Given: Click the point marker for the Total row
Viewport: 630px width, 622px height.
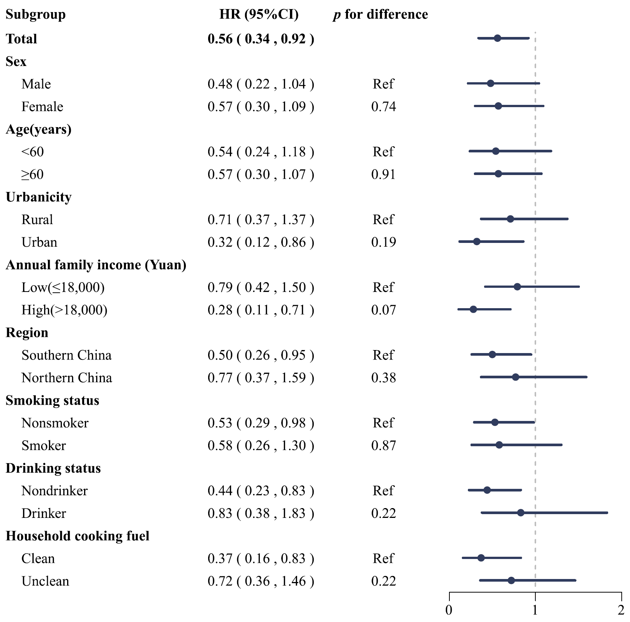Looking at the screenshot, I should pos(497,38).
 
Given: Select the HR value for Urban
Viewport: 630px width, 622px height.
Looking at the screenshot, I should pos(261,242).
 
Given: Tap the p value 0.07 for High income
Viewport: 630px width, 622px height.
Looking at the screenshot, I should pos(383,310).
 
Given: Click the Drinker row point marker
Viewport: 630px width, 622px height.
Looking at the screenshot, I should pos(521,513).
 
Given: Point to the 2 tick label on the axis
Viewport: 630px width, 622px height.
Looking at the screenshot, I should pos(621,610).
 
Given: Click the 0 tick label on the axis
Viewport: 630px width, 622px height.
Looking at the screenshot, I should pos(449,610).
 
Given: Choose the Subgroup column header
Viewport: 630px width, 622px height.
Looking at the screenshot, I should pos(36,15).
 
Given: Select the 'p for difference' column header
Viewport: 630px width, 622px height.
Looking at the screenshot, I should pos(380,15).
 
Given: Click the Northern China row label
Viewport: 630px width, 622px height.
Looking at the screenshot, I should pos(67,378).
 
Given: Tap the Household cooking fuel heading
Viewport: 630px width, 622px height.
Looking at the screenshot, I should pos(78,536).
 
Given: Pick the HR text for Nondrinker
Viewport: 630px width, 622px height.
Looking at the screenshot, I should pos(261,491).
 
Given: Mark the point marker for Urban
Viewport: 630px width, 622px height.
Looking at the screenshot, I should pos(477,241).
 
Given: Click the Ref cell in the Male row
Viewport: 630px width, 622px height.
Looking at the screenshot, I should pos(383,84).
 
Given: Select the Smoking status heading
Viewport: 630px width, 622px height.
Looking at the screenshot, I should pos(52,400).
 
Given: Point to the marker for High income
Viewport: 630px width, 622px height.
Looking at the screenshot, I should pos(473,309).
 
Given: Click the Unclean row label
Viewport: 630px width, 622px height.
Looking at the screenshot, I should pos(45,581).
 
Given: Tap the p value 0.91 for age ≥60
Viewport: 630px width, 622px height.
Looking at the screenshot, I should pos(383,174).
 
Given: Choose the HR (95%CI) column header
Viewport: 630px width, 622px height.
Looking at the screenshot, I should pos(259,15).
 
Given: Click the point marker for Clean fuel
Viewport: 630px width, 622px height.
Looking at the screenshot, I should pos(481,558).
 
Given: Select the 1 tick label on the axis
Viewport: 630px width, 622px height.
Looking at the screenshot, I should pos(535,610).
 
